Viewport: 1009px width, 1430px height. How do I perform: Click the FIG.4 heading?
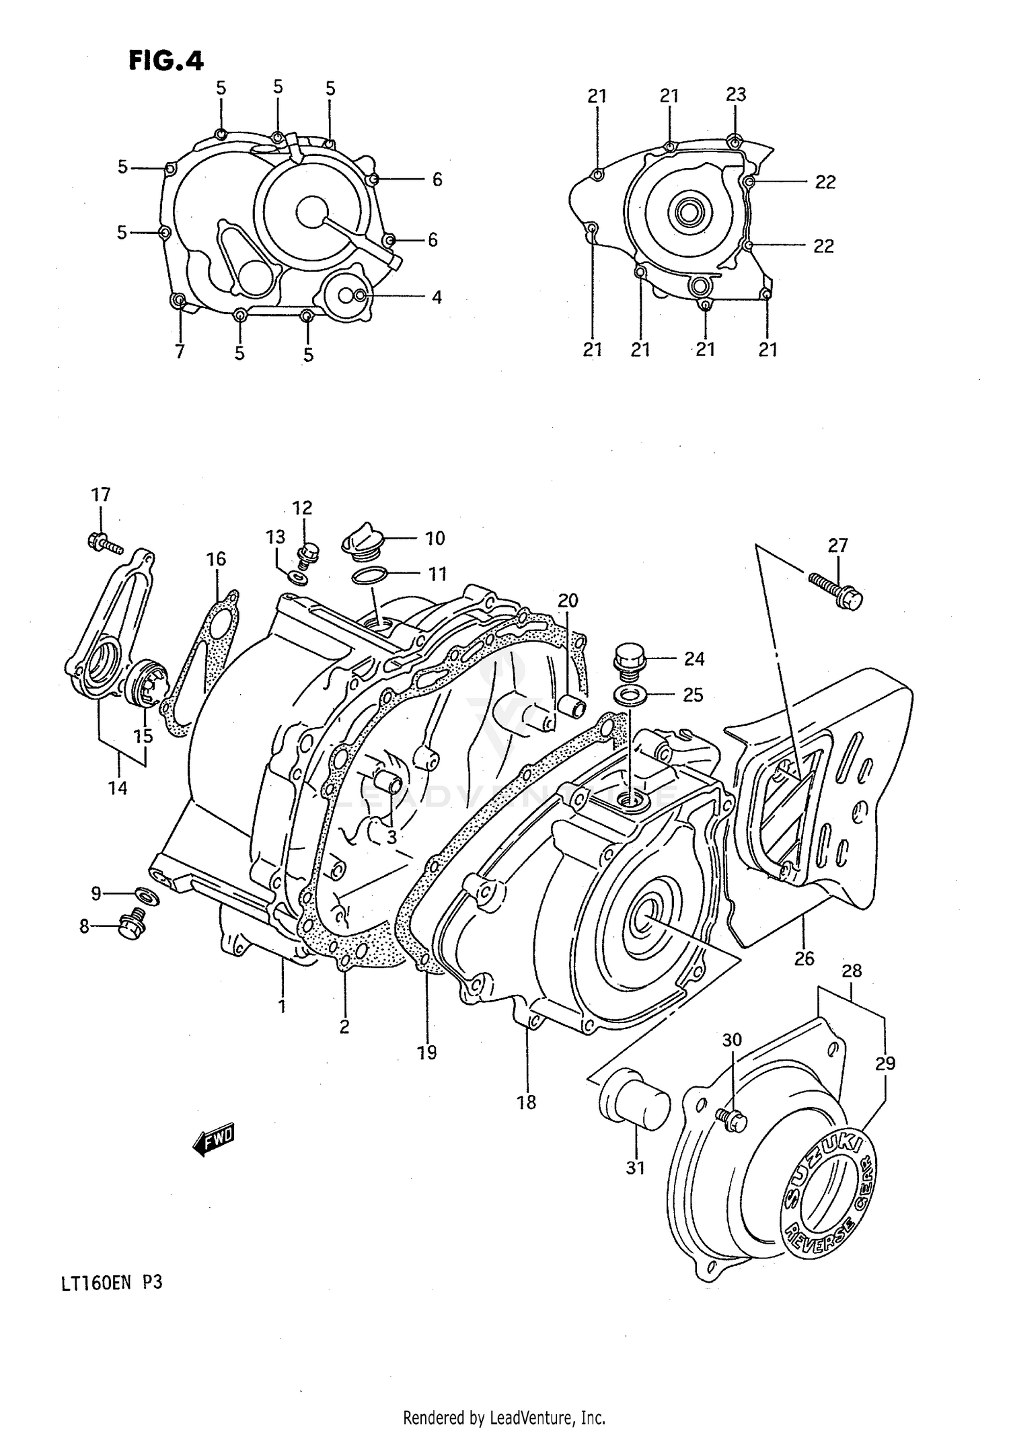pos(165,61)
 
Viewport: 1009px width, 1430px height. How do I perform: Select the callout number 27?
pos(837,545)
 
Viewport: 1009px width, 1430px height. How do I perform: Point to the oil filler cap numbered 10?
pos(363,539)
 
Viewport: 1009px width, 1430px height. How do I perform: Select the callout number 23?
pos(736,94)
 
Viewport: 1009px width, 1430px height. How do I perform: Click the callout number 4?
pos(437,297)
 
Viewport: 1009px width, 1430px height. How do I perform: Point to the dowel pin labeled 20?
pos(571,708)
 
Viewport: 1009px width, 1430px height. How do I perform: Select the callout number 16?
pos(216,559)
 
